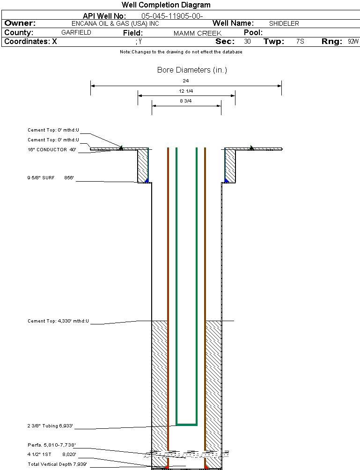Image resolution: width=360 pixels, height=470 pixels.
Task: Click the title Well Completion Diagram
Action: [x=166, y=5]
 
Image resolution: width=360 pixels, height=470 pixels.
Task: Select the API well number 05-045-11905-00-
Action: [x=172, y=16]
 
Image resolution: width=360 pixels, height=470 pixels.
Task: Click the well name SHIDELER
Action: [x=284, y=23]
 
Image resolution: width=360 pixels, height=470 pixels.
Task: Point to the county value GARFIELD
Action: [x=76, y=33]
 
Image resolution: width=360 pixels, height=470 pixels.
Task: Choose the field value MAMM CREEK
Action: [x=197, y=33]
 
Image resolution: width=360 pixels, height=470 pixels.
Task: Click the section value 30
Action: [x=247, y=42]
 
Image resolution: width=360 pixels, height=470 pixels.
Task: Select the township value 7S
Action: [x=300, y=42]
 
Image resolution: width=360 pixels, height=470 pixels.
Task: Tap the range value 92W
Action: [x=353, y=42]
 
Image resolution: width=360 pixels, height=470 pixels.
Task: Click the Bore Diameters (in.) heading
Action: [x=192, y=70]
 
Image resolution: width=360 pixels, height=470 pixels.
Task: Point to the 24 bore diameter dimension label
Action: [x=186, y=81]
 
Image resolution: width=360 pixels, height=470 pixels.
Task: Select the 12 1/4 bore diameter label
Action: [x=186, y=91]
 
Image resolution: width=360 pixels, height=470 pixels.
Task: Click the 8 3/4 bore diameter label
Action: [x=186, y=101]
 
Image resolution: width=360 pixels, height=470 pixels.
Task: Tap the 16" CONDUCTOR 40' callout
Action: [x=51, y=150]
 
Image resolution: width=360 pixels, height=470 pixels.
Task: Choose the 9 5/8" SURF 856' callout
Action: [x=51, y=178]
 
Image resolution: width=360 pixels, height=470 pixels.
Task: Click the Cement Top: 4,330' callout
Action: [x=58, y=321]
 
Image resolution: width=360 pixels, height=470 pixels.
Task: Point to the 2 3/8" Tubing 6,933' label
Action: [x=50, y=426]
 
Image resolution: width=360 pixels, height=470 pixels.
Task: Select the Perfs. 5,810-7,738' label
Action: [x=51, y=445]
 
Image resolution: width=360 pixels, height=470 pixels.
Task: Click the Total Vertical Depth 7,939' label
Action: [x=57, y=464]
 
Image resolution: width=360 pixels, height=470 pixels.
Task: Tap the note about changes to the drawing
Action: [x=181, y=52]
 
